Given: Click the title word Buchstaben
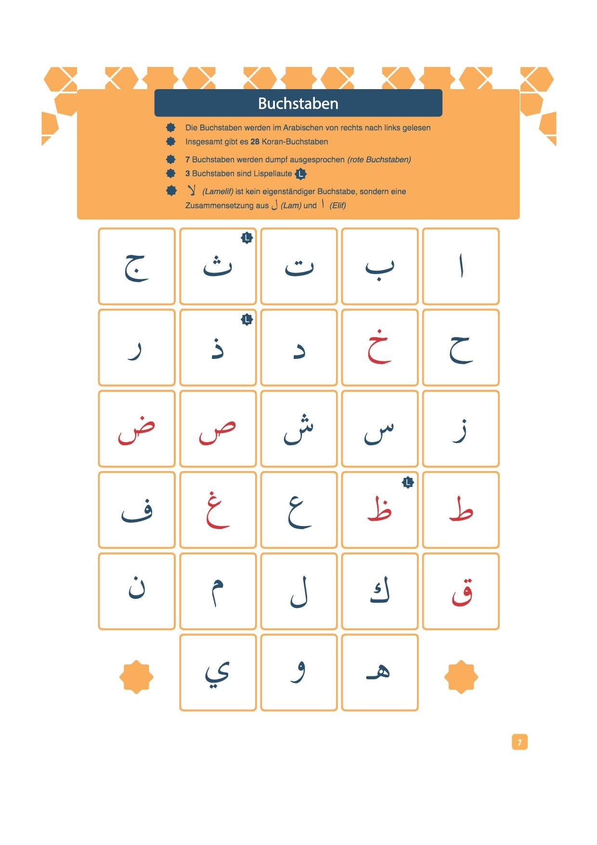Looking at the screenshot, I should tap(298, 104).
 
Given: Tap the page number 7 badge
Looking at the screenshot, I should tap(519, 742).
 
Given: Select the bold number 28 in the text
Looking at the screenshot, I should tap(255, 142).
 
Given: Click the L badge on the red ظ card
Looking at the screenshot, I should tap(407, 482).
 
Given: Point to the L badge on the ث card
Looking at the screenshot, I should tap(247, 238).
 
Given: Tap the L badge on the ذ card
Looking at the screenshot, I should tap(247, 319).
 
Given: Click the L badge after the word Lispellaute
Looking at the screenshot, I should tap(300, 173).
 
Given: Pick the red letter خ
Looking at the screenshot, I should tap(379, 347).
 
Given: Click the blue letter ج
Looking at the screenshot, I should tap(137, 267).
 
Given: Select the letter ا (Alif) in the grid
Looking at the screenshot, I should tap(461, 266).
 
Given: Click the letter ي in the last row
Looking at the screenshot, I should tap(218, 672).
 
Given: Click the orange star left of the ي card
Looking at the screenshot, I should tap(136, 677).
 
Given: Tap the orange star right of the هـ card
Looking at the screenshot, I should tap(461, 677).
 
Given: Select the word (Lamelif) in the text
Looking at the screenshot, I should tap(218, 192).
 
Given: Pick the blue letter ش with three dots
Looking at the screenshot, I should tap(298, 429).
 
